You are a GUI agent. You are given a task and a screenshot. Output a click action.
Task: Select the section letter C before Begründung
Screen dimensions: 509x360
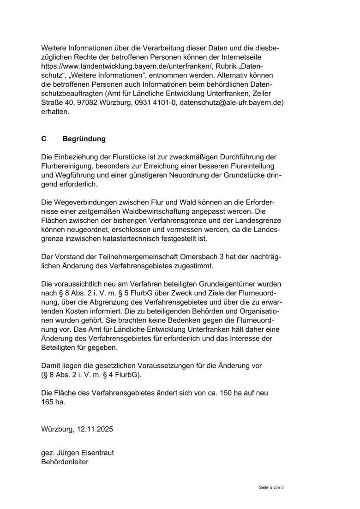44,138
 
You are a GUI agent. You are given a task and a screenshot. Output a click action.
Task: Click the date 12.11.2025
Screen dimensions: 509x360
94,429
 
